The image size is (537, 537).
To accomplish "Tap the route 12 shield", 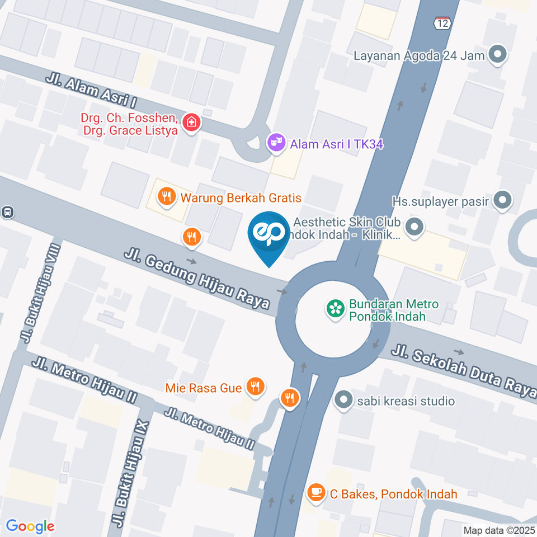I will pos(442,23).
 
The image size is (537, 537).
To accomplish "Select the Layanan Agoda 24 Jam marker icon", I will pos(497,55).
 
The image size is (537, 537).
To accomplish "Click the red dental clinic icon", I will pos(191,123).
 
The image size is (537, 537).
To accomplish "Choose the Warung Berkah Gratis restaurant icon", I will pos(166,197).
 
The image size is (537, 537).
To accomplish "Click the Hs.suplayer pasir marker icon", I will pos(503,200).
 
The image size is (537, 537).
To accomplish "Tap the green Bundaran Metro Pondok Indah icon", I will pos(336,308).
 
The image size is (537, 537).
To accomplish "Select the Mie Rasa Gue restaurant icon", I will pos(255,387).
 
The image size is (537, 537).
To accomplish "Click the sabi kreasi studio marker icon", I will pos(342,401).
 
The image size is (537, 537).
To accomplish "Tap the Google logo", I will pos(30,526).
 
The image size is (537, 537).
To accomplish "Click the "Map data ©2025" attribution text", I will pos(499,530).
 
